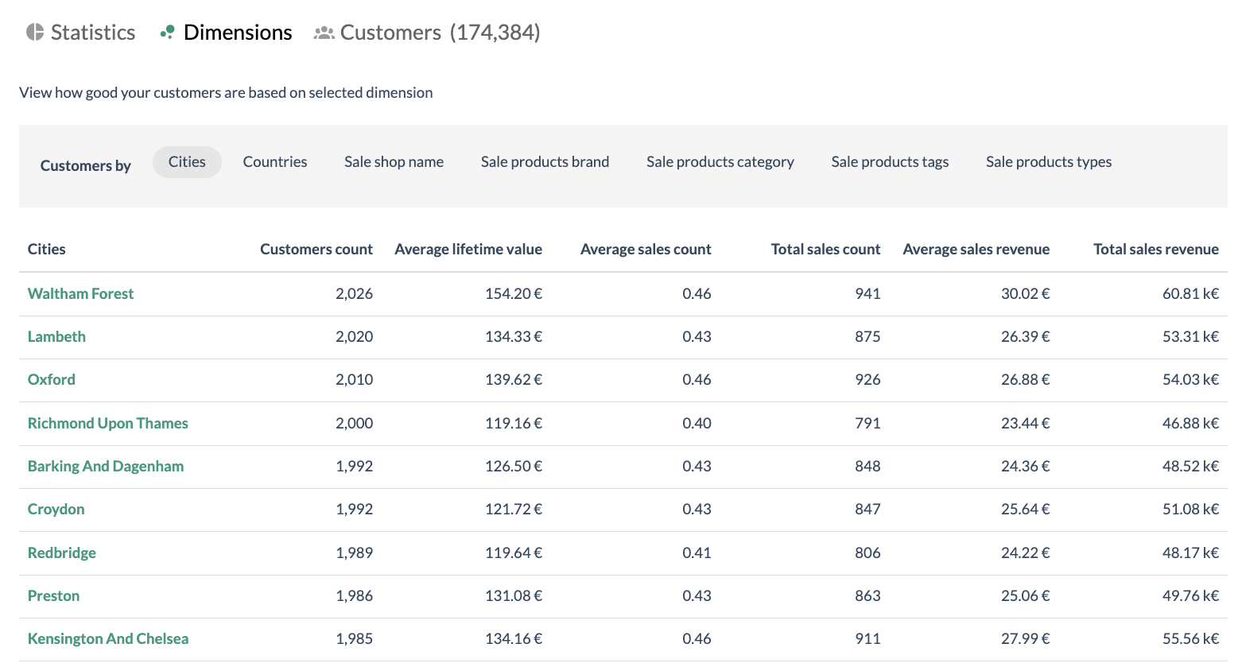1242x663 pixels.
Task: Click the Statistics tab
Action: point(81,33)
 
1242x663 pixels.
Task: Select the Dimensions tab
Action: point(227,33)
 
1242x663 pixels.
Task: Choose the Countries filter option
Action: point(274,162)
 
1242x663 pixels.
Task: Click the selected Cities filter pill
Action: point(187,162)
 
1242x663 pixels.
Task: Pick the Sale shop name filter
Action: point(394,162)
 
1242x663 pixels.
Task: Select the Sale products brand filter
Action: point(545,162)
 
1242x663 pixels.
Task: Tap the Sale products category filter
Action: point(720,162)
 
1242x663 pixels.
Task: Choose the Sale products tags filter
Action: point(890,162)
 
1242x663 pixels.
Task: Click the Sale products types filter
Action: point(1048,162)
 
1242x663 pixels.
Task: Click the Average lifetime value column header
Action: point(468,250)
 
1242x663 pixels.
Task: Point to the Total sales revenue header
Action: point(1155,250)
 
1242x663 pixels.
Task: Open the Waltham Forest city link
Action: point(80,294)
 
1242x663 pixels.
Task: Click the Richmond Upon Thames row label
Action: point(107,424)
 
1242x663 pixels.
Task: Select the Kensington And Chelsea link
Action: point(108,639)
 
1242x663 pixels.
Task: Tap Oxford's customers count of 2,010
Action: point(354,380)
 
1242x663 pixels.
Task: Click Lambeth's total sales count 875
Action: point(867,337)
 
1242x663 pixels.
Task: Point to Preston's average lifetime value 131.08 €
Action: point(513,596)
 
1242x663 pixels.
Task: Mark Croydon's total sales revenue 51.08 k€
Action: point(1190,510)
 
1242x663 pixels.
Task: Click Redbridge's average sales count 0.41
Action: point(697,553)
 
